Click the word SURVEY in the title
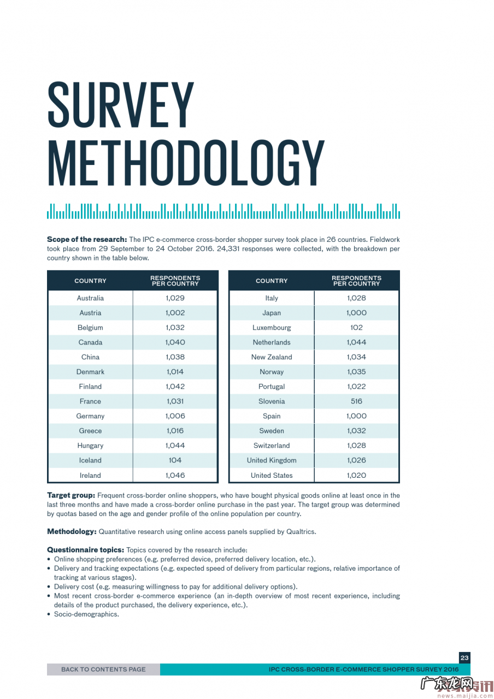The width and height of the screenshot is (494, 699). coord(121,105)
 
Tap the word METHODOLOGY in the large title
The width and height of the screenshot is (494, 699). coord(186,162)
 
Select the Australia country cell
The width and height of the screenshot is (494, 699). coord(90,298)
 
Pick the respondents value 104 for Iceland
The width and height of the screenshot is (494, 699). coord(175,460)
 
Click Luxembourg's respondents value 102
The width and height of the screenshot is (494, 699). coord(356,328)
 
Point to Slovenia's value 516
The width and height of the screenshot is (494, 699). coord(356,401)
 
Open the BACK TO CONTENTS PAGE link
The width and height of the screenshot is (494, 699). coord(103,669)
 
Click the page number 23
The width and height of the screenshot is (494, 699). coord(464,658)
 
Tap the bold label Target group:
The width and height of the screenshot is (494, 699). coord(71,495)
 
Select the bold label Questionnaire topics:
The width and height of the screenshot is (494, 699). coord(85,550)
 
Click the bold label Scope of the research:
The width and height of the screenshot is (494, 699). coord(87,239)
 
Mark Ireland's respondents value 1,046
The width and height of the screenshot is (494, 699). coord(175,475)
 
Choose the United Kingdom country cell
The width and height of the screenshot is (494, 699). coord(272,460)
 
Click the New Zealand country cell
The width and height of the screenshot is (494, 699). coord(272,357)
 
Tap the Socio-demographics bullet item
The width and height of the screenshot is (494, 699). coord(86,614)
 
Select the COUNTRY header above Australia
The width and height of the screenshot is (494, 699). coord(90,281)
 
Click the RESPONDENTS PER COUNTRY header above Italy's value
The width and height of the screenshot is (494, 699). coord(356,281)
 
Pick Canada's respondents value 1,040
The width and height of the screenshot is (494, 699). coord(175,342)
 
